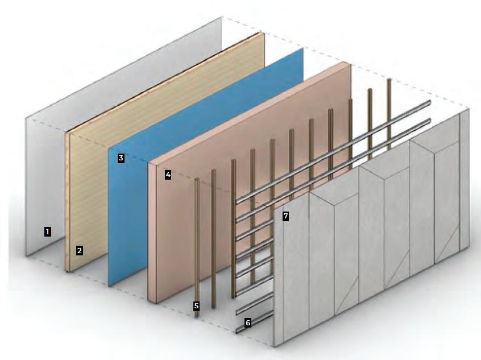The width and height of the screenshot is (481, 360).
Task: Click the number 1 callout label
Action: [x=47, y=231]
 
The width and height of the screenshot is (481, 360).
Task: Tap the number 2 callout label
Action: [x=80, y=250]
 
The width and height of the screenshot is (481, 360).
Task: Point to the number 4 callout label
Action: [x=168, y=175]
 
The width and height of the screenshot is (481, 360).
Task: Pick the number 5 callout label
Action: [x=196, y=306]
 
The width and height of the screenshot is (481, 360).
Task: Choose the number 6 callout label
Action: [x=248, y=322]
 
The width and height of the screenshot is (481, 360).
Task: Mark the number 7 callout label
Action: [x=285, y=216]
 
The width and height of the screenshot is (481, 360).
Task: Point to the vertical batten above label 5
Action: [x=197, y=239]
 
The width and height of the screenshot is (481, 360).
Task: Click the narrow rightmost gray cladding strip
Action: [x=464, y=182]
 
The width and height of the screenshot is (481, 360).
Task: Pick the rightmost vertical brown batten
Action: [x=389, y=114]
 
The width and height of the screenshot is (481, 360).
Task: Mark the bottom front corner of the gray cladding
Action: [x=275, y=345]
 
